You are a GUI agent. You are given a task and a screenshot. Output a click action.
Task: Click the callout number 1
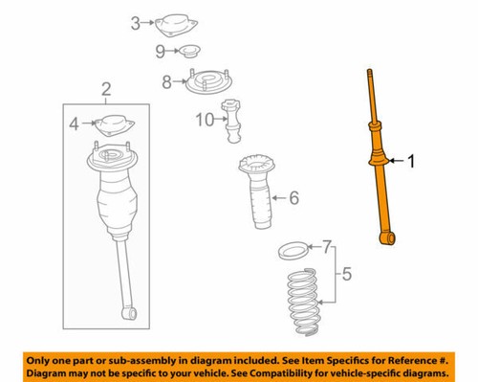click(x=412, y=163)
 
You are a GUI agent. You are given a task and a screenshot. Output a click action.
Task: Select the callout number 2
click(x=105, y=89)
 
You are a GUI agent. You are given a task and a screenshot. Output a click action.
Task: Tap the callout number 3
click(x=135, y=22)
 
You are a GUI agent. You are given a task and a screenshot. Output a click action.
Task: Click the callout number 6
click(x=293, y=199)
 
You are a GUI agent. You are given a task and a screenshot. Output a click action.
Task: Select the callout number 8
click(x=167, y=82)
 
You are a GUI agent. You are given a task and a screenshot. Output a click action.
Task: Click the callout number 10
click(x=202, y=121)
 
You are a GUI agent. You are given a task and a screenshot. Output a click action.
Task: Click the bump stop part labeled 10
click(x=232, y=120)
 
